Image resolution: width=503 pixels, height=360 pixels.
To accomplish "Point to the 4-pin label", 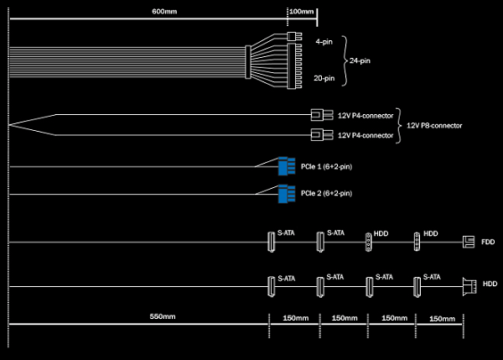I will click(324, 40).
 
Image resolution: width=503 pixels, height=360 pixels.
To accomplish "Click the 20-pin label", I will click(324, 78).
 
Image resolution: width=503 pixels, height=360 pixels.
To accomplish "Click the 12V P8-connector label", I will click(434, 125).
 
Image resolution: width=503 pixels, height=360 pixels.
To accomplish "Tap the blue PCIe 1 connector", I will click(283, 167).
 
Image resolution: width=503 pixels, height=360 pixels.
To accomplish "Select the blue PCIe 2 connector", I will click(283, 194).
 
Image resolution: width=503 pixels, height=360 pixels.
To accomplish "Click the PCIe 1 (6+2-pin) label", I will click(326, 167).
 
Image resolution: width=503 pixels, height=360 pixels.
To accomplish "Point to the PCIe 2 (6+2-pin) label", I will click(326, 194).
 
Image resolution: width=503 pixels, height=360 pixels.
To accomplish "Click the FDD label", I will click(488, 242).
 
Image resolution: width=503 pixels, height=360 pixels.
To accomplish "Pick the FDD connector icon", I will click(469, 242).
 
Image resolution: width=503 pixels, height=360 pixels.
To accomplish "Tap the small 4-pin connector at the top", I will click(293, 37).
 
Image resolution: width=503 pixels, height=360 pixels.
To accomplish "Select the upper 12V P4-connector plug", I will click(316, 116).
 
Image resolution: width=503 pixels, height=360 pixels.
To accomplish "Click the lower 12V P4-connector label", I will click(366, 135).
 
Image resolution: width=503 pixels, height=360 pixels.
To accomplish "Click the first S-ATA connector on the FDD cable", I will click(271, 242).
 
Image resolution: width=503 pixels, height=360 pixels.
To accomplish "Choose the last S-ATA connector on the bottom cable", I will click(416, 286).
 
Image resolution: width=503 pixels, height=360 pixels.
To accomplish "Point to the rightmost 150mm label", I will click(442, 319).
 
